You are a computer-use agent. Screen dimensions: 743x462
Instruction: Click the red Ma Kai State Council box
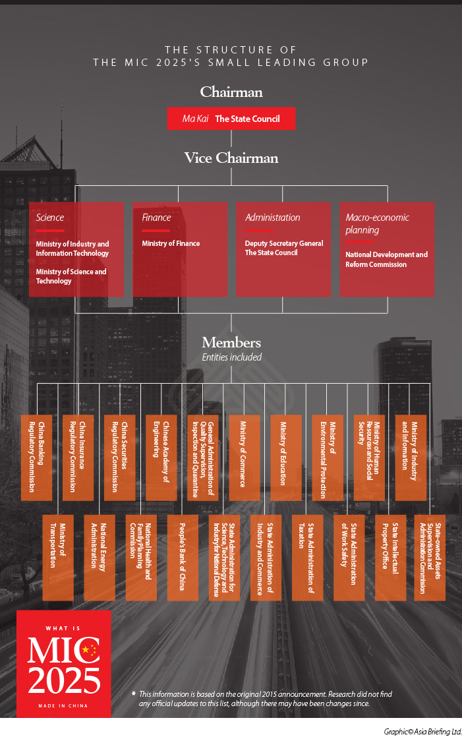(x=231, y=119)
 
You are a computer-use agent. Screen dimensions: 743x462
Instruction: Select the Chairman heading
(x=231, y=92)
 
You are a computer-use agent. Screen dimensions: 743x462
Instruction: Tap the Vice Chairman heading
(x=231, y=158)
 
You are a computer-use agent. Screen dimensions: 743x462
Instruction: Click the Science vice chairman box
(x=76, y=249)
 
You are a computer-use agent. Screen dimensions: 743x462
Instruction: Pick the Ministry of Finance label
(x=171, y=243)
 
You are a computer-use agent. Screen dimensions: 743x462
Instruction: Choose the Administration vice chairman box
(x=283, y=249)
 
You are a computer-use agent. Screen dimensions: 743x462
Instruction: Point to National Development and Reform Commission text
(x=386, y=259)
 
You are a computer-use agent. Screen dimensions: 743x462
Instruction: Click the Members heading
(x=231, y=343)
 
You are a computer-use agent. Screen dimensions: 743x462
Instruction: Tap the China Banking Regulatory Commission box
(x=36, y=457)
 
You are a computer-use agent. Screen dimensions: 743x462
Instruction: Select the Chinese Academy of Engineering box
(x=161, y=457)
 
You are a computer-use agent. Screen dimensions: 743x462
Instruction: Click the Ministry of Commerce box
(x=244, y=457)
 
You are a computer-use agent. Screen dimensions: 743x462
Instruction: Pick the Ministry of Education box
(x=285, y=457)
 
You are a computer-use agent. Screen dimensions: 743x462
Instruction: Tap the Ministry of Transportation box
(x=58, y=557)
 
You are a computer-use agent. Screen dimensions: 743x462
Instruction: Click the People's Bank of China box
(x=183, y=557)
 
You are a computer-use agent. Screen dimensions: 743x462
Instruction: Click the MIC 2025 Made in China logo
(x=64, y=663)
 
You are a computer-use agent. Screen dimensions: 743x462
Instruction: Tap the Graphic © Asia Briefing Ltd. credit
(x=422, y=732)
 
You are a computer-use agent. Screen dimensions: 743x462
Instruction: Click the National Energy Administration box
(x=100, y=557)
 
